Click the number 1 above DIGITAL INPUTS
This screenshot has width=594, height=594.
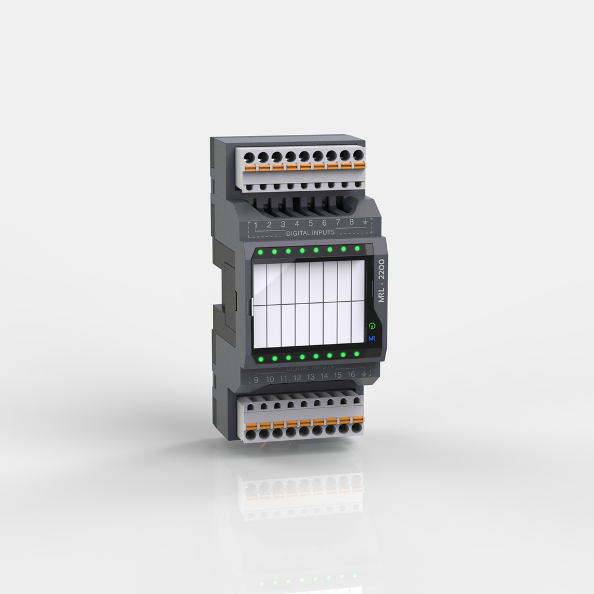[x=255, y=225]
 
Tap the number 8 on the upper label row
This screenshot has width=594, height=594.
[x=351, y=222]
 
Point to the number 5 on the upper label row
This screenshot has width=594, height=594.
[x=310, y=223]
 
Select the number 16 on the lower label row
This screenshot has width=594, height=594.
[x=351, y=375]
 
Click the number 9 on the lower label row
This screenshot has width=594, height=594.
[x=256, y=380]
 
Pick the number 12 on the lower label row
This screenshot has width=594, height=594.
[x=297, y=378]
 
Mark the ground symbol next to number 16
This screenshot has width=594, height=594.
[x=365, y=374]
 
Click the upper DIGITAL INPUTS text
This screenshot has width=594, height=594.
[x=310, y=233]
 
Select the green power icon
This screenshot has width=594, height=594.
[x=372, y=326]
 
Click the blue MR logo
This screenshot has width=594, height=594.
[x=372, y=338]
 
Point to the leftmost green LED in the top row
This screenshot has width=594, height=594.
[x=260, y=252]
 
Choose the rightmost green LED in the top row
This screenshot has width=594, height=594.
[x=357, y=248]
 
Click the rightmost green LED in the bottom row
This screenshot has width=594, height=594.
[x=356, y=354]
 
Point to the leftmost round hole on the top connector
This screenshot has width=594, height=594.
[x=249, y=157]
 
